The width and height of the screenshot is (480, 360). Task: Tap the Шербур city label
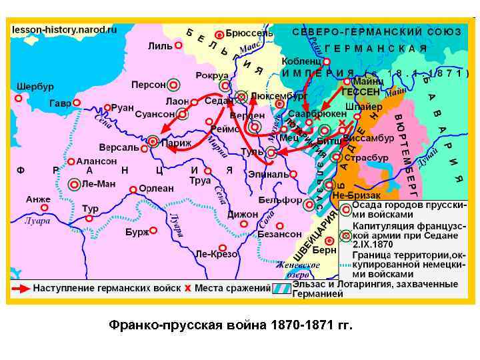[x=35, y=87]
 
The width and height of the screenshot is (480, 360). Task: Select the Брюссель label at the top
[x=249, y=33]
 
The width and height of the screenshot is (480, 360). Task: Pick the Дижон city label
[x=242, y=215]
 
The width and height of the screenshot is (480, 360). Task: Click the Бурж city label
[x=137, y=233]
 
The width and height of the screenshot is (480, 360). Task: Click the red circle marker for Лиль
[x=182, y=46]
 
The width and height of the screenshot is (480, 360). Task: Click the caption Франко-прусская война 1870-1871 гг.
[x=230, y=326]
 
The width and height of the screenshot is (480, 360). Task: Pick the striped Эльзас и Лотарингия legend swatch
[x=281, y=288]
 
